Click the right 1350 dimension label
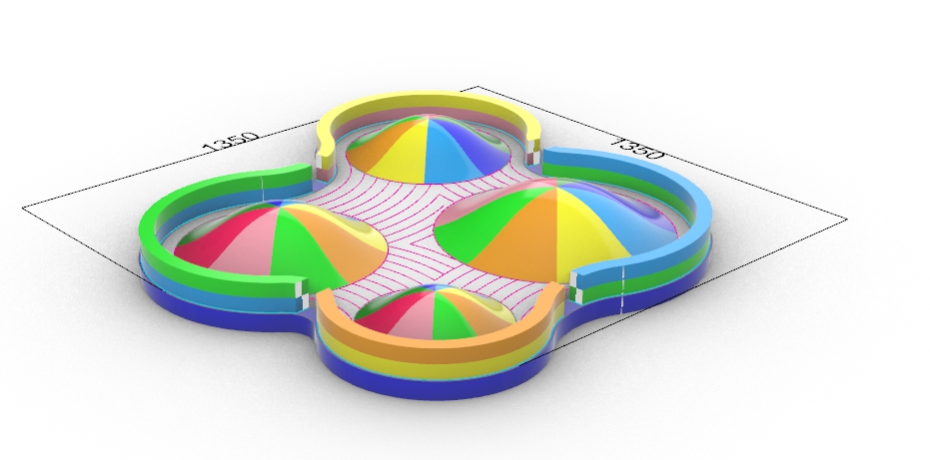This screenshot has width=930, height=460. [637, 149]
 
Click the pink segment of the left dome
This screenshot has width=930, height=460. [243, 249]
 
